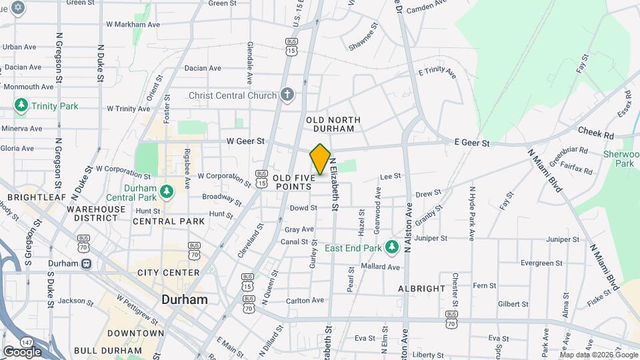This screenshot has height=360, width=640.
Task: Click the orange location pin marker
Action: [320, 159]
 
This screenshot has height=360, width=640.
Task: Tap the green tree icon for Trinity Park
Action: [21, 105]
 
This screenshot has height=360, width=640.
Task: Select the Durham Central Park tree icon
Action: [166, 193]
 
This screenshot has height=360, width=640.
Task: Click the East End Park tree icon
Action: [393, 247]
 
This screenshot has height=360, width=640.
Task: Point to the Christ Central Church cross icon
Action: [287, 95]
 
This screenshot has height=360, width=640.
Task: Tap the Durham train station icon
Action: [87, 263]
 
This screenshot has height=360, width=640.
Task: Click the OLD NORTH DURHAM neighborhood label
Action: [333, 125]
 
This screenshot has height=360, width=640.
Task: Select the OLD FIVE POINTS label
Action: [292, 183]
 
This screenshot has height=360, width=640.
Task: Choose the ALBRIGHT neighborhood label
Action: [421, 289]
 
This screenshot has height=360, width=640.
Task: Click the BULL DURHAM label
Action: [105, 350]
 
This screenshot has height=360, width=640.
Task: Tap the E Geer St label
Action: [472, 143]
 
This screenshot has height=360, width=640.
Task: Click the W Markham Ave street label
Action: [133, 24]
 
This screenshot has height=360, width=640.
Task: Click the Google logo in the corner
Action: [22, 351]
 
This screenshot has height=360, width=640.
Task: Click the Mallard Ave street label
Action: [380, 267]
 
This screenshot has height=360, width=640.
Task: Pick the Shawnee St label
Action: [363, 44]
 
